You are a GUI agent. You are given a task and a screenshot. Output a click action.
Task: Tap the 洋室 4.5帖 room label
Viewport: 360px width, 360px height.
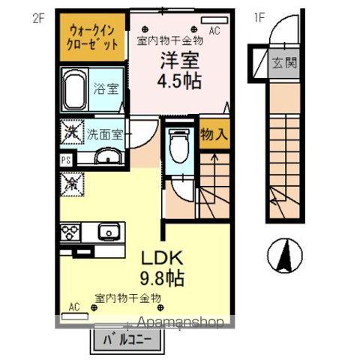coord(178,70)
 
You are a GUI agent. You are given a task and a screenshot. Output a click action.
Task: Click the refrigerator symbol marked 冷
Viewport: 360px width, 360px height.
coord(72,181)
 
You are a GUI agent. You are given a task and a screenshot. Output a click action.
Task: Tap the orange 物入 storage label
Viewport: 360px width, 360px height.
coord(214,136)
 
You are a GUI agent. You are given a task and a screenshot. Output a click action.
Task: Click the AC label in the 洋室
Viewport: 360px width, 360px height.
coord(214,31)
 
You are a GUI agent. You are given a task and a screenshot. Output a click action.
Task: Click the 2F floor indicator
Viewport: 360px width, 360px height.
coord(39,16)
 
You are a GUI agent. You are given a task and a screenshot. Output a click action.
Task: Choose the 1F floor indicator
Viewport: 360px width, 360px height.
coord(259,16)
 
